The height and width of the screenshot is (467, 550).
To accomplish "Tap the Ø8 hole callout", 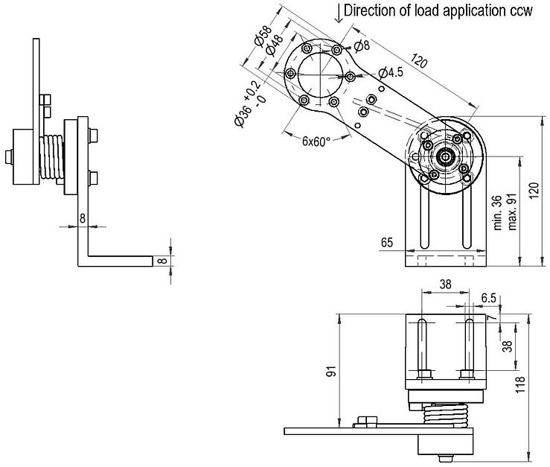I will pyautogui.click(x=362, y=46).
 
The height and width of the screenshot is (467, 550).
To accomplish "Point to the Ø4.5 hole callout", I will pyautogui.click(x=390, y=72).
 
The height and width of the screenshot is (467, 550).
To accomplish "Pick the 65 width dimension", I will pyautogui.click(x=386, y=243).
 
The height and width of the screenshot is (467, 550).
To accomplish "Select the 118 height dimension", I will pyautogui.click(x=540, y=384).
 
